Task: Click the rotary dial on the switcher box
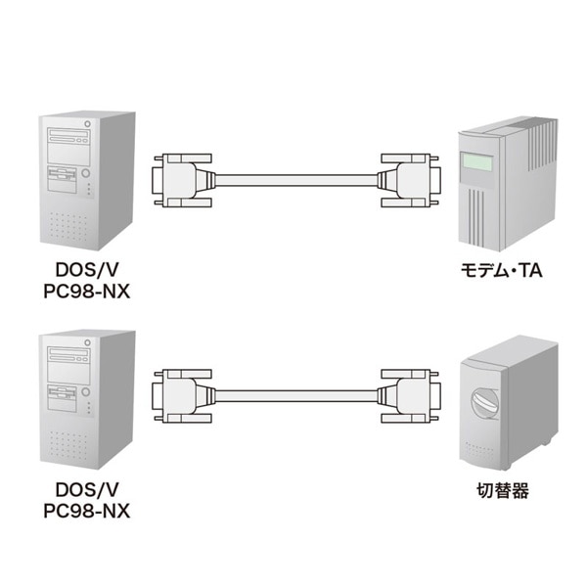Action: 485,402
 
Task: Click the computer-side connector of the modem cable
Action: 182,179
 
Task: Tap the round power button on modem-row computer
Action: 88,124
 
